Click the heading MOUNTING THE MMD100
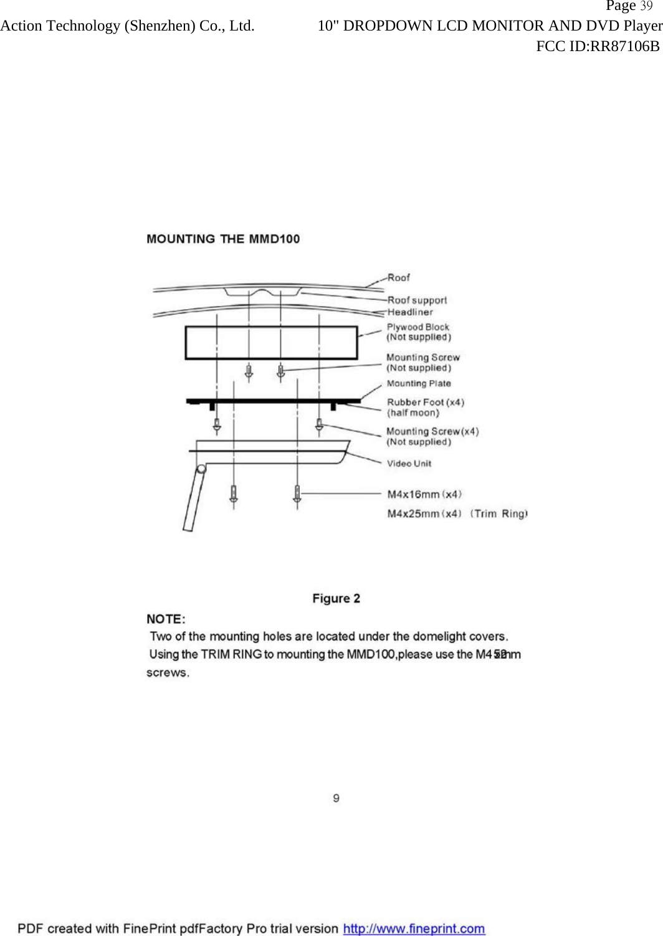[x=223, y=239]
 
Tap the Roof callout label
[x=398, y=277]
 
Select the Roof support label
[x=417, y=300]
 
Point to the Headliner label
[x=409, y=312]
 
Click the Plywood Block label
[x=417, y=327]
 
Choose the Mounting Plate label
[x=419, y=383]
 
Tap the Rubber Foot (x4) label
[x=426, y=402]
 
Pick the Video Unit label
[x=409, y=463]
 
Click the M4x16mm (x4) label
[x=424, y=494]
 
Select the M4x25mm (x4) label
[x=424, y=513]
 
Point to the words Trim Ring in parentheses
[x=499, y=513]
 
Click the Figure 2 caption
[x=336, y=598]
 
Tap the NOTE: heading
[x=166, y=619]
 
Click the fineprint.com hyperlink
[x=414, y=929]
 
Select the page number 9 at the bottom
[x=336, y=798]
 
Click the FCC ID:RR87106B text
[x=598, y=46]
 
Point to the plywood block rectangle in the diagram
[x=271, y=343]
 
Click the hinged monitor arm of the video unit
[x=194, y=499]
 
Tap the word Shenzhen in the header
[x=160, y=26]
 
